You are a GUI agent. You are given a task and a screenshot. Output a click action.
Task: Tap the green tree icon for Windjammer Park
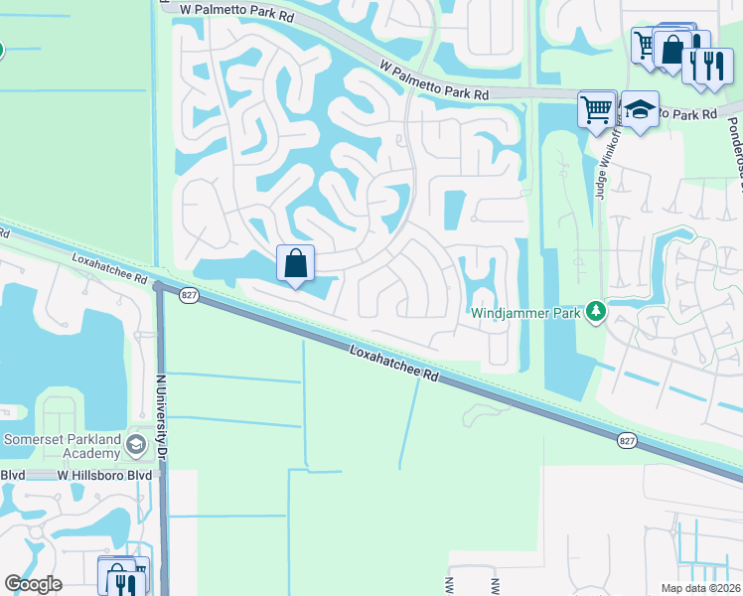(596, 313)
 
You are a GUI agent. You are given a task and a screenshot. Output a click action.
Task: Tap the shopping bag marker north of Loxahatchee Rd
(296, 264)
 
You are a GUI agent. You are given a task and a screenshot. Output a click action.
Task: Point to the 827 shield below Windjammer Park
(626, 440)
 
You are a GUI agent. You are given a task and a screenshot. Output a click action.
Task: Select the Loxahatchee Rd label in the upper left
(109, 270)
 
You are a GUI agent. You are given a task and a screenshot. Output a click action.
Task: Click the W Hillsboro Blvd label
(103, 476)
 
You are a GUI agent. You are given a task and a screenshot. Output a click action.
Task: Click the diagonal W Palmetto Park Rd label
(435, 79)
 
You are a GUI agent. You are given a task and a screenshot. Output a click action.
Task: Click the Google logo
(33, 584)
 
